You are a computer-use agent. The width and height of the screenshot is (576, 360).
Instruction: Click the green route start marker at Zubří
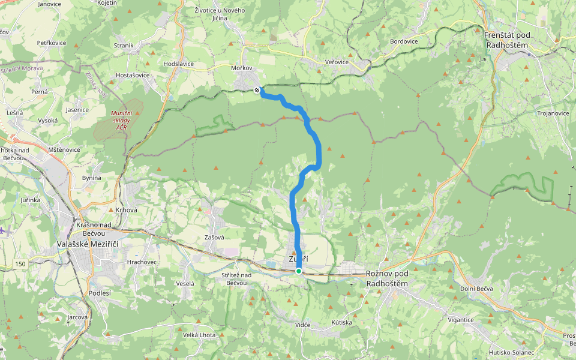(299, 271)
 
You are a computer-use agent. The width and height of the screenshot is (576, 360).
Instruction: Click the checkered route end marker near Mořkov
(257, 90)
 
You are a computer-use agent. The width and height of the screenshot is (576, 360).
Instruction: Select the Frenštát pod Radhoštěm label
(508, 40)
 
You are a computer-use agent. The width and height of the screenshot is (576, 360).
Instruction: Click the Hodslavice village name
(178, 63)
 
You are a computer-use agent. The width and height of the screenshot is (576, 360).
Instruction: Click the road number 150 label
(21, 264)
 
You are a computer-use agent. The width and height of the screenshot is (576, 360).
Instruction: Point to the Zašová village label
(214, 238)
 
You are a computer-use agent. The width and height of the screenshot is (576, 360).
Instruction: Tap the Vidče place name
(303, 325)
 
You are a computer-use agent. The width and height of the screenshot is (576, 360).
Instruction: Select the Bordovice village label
(403, 41)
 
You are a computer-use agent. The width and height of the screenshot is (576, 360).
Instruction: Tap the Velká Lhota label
(199, 335)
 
